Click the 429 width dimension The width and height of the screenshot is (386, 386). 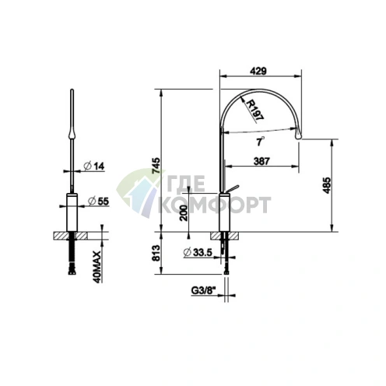point(258,71)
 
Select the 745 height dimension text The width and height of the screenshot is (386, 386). point(156,166)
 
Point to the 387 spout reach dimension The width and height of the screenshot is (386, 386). point(261,161)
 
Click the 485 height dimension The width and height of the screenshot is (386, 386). point(327,185)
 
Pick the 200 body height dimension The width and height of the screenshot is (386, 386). point(184,212)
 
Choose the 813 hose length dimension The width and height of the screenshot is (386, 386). point(156,253)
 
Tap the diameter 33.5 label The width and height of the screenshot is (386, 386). point(198,252)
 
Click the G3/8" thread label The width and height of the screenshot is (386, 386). point(204,291)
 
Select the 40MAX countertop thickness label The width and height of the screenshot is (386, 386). point(96,267)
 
